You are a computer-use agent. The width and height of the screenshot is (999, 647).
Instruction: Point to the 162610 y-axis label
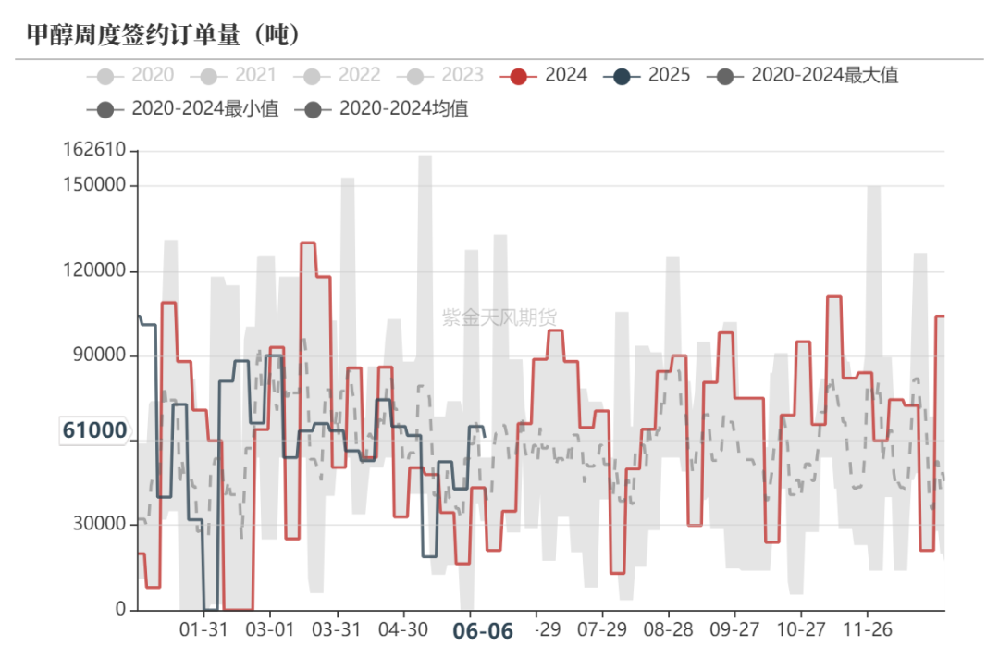94,150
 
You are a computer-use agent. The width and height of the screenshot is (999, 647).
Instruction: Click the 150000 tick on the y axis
94,185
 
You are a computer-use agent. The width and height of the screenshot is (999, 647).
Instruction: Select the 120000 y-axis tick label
94,271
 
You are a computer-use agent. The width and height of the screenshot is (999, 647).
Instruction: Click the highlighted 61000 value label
94,430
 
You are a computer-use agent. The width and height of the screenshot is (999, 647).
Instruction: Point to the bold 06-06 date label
482,631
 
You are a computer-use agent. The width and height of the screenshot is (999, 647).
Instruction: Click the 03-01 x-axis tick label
269,629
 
